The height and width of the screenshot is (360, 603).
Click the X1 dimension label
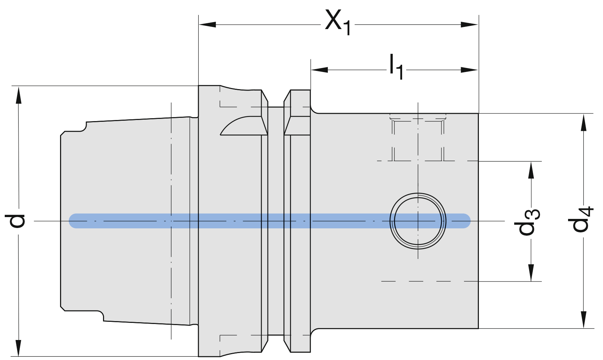coord(338,22)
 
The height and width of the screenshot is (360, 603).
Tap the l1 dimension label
coord(396,67)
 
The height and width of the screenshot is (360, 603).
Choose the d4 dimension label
coord(581,219)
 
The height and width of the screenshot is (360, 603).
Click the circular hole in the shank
coord(418,221)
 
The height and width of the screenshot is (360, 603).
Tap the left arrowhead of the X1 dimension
coord(207,24)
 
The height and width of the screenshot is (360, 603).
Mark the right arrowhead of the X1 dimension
coord(470,24)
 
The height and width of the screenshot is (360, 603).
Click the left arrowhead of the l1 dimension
coord(319,69)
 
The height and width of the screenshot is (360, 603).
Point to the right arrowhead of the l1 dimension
coord(470,69)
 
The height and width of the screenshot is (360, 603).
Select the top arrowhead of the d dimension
coord(18,95)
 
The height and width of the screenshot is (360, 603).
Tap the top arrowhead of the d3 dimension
coord(531,169)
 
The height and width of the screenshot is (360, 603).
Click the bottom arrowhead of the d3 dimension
coord(531,273)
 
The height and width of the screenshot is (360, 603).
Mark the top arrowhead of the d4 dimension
coord(584,122)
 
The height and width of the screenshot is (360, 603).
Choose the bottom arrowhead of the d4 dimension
coord(584,320)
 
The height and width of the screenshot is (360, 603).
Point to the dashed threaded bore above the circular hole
coord(418,140)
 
